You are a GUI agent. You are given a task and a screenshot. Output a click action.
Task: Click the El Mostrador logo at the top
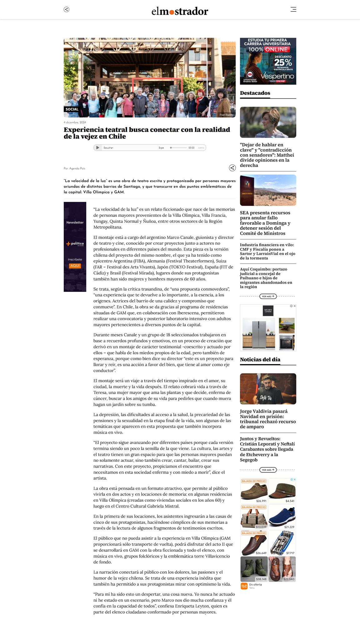[x=180, y=12]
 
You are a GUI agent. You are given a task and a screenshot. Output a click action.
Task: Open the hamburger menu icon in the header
[x=293, y=9]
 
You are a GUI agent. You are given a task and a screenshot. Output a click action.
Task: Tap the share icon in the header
[x=67, y=9]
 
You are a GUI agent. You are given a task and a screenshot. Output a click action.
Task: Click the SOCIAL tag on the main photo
[x=72, y=109]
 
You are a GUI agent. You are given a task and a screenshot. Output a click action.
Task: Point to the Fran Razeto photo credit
[x=226, y=115]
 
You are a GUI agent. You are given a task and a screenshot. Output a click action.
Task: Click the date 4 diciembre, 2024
[x=75, y=122]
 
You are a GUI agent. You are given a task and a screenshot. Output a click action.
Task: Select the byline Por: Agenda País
[x=74, y=168]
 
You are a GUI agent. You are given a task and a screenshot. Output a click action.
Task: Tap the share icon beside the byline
[x=232, y=168]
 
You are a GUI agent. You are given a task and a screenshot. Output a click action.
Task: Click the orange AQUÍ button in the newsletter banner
[x=75, y=266]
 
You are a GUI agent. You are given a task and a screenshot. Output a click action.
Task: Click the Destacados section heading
[x=255, y=93]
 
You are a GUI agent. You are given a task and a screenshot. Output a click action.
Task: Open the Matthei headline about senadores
[x=267, y=155]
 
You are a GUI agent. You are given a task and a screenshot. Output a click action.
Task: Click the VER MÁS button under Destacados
[x=268, y=296]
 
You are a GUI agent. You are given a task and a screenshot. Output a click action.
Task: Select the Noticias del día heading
[x=260, y=359]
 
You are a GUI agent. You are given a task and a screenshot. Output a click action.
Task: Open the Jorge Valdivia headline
[x=268, y=419]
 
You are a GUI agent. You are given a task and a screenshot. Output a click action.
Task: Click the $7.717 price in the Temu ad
[x=290, y=553]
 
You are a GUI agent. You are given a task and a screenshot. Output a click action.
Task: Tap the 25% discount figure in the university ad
[x=283, y=62]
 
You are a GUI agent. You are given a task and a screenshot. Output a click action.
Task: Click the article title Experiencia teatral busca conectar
[x=147, y=133]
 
